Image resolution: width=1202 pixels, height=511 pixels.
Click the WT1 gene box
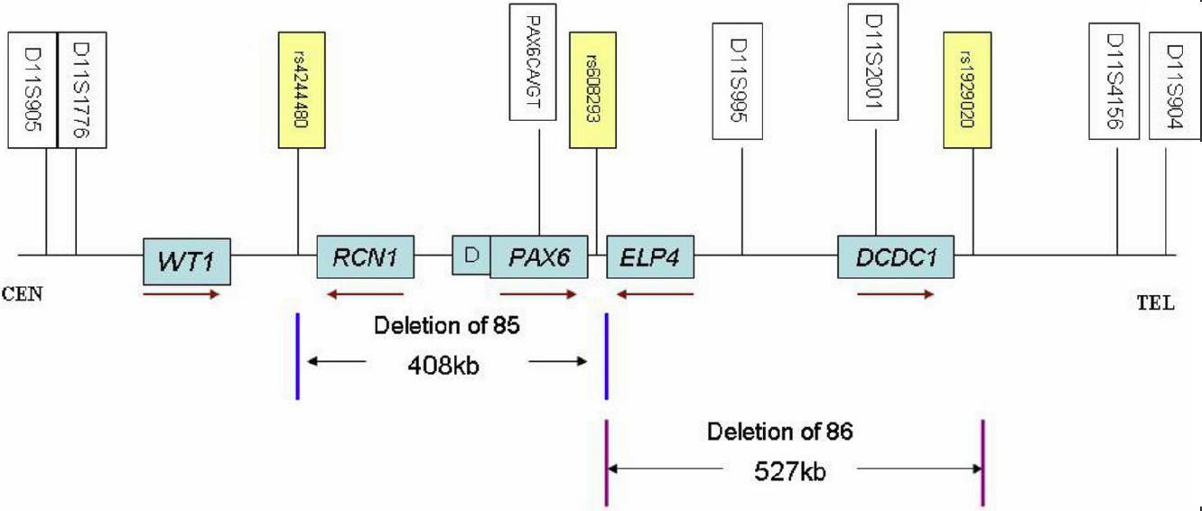click(188, 261)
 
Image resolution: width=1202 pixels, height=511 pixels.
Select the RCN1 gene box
click(365, 257)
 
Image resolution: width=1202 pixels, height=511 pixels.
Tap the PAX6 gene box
click(538, 257)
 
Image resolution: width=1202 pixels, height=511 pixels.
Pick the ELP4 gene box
click(649, 257)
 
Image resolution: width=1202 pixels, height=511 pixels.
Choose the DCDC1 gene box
click(896, 257)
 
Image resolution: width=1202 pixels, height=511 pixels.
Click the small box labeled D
click(471, 255)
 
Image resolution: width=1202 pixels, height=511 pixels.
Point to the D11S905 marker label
click(33, 90)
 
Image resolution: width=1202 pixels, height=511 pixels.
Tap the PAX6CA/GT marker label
click(539, 63)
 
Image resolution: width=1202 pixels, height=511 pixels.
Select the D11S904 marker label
click(1173, 88)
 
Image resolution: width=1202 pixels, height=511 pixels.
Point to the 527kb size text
click(792, 470)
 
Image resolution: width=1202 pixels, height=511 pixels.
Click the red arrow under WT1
click(182, 294)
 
